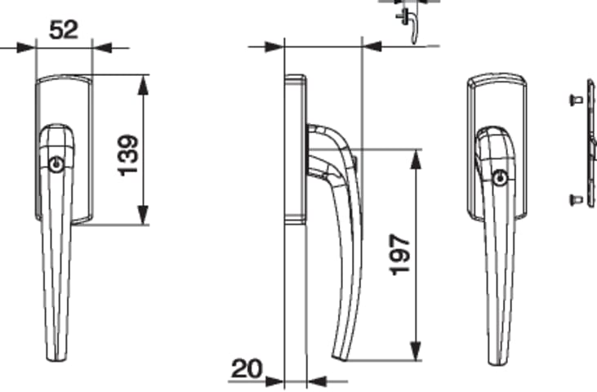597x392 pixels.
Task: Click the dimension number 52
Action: (x=64, y=29)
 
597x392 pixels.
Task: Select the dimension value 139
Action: (x=128, y=155)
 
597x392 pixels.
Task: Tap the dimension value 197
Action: (x=400, y=255)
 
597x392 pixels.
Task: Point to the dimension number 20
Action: (x=247, y=368)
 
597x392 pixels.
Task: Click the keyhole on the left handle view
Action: (x=56, y=164)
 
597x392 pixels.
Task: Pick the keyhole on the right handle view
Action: (x=501, y=178)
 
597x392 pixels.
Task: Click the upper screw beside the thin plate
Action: (x=576, y=100)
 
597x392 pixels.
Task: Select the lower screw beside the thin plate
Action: (x=576, y=199)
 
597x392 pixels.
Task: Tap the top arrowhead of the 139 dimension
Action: (x=143, y=84)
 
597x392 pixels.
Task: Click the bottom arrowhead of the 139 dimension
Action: (x=143, y=215)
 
